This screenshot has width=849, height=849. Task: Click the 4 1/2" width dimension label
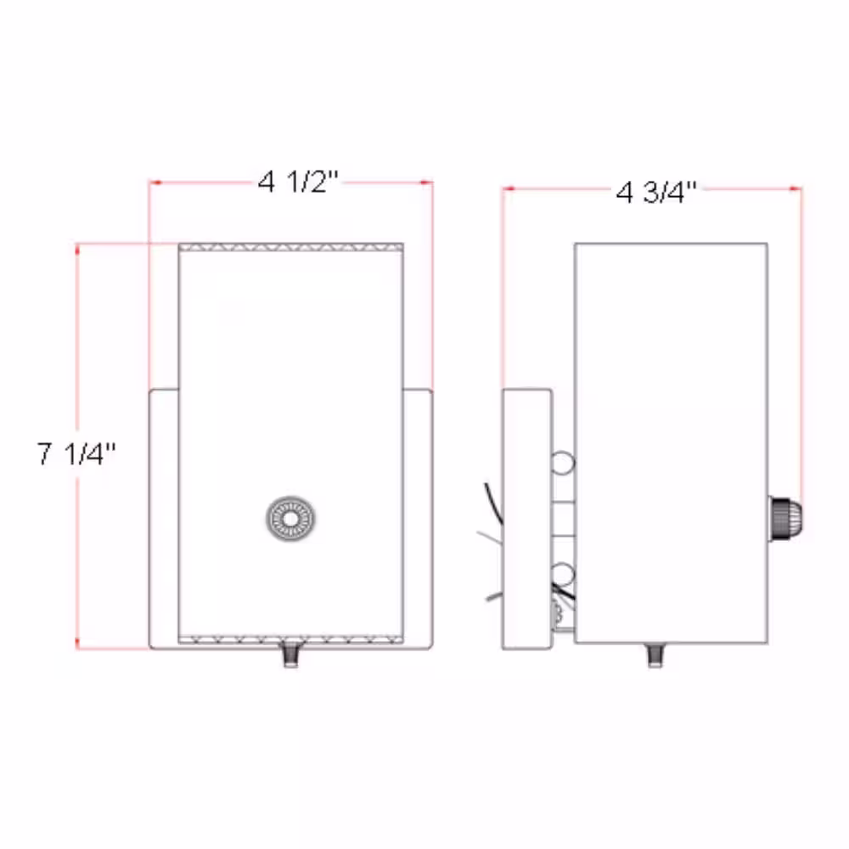(298, 182)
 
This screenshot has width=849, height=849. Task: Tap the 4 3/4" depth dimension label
(656, 192)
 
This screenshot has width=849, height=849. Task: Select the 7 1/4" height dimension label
(76, 454)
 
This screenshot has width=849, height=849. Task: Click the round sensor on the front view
(291, 517)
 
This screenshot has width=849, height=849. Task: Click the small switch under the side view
(655, 655)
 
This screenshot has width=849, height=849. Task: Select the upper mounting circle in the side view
(562, 464)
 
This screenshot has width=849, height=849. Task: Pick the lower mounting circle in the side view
(562, 571)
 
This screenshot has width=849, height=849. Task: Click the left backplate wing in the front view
(164, 518)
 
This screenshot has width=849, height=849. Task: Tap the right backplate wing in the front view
(418, 518)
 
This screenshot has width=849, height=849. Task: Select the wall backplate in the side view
(526, 518)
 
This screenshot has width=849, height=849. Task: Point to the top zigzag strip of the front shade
(290, 248)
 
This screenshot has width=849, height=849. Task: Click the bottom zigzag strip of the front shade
(290, 639)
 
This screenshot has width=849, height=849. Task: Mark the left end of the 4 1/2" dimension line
(149, 182)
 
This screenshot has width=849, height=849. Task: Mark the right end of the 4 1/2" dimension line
(433, 182)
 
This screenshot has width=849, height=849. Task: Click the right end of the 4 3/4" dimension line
(801, 189)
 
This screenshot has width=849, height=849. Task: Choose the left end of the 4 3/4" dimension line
(503, 189)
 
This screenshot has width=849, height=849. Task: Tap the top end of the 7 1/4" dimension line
(77, 245)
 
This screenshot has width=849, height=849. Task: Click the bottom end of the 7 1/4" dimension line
(77, 649)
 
